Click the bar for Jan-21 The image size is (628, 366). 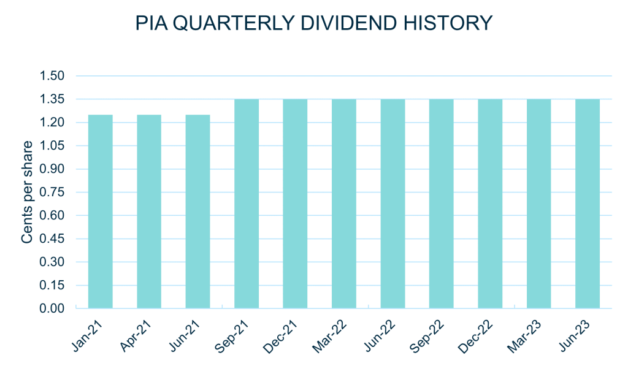(x=101, y=211)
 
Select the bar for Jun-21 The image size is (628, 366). (x=197, y=211)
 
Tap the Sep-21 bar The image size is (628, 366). (x=247, y=203)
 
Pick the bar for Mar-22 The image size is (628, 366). (x=344, y=203)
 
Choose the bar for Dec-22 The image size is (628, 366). (x=490, y=203)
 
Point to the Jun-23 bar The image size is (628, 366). (x=588, y=203)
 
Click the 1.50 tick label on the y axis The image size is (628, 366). (x=52, y=76)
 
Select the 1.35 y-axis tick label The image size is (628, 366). (x=52, y=99)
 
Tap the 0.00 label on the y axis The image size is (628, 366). (x=52, y=308)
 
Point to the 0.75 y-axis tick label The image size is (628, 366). (x=52, y=193)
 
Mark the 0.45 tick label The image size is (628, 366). (x=52, y=239)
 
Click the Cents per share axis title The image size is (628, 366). (x=27, y=192)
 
